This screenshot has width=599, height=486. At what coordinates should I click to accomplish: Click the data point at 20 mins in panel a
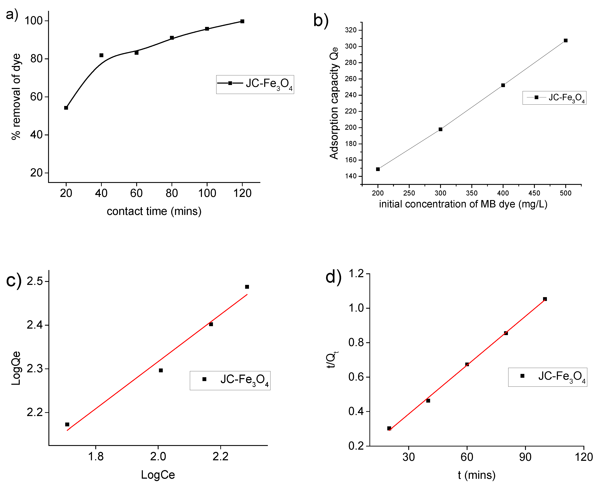click(x=66, y=108)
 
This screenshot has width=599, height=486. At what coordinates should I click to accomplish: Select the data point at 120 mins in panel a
click(x=242, y=21)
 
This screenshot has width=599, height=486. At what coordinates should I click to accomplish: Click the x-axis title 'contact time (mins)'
click(x=154, y=211)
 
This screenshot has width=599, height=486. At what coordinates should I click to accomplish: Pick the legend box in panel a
click(x=255, y=84)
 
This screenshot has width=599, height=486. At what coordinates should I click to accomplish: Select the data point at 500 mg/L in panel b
click(x=566, y=41)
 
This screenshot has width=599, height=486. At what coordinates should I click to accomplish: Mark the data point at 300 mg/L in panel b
click(x=440, y=129)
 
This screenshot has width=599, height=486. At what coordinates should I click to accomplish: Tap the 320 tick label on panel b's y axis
click(x=351, y=30)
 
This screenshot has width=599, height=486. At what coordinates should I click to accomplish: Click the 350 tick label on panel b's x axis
click(x=472, y=193)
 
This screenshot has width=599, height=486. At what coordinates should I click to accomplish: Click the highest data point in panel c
click(x=247, y=287)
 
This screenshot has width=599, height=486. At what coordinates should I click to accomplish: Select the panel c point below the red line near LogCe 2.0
click(x=161, y=370)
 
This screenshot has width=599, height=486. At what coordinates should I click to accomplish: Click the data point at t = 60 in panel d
click(x=467, y=364)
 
